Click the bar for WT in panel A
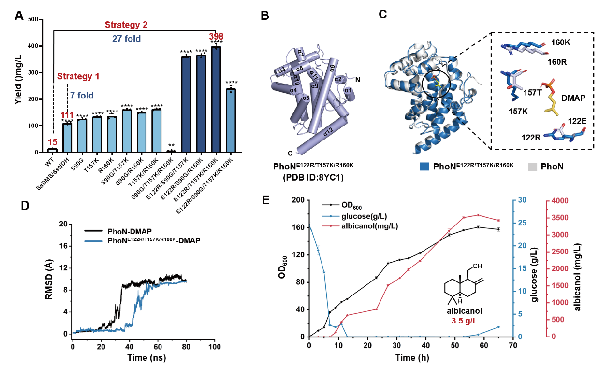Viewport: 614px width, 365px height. pyautogui.click(x=53, y=150)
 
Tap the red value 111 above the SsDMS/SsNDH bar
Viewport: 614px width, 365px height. pyautogui.click(x=67, y=115)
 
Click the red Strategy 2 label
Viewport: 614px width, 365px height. pyautogui.click(x=127, y=25)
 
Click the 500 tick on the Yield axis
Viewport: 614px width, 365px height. pyautogui.click(x=35, y=19)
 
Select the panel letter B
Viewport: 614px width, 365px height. pyautogui.click(x=265, y=15)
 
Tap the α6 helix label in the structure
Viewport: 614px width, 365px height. pyautogui.click(x=332, y=67)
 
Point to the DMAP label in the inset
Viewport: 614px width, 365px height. pyautogui.click(x=575, y=97)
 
